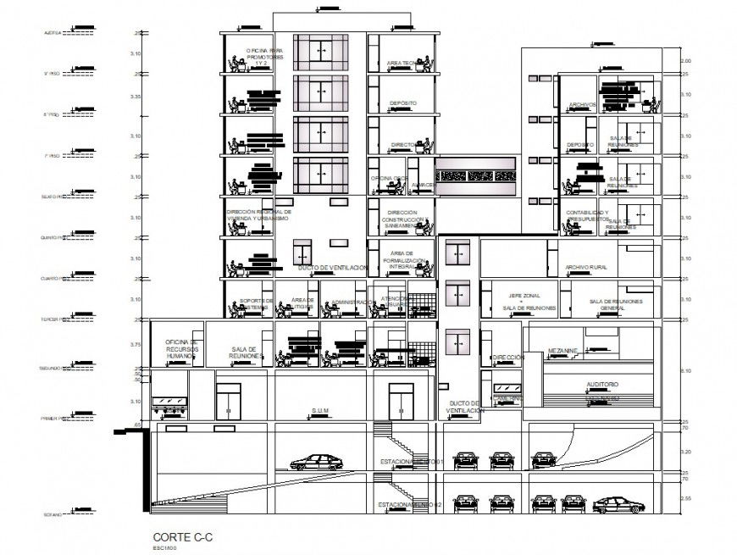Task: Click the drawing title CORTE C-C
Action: (x=176, y=537)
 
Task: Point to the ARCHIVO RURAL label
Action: (x=587, y=267)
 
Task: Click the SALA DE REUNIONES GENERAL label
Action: (x=617, y=303)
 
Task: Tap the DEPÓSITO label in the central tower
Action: (x=403, y=103)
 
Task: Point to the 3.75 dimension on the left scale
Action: (x=136, y=345)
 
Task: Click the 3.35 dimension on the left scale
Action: (x=136, y=97)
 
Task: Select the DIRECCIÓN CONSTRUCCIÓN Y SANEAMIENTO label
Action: (x=402, y=219)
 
